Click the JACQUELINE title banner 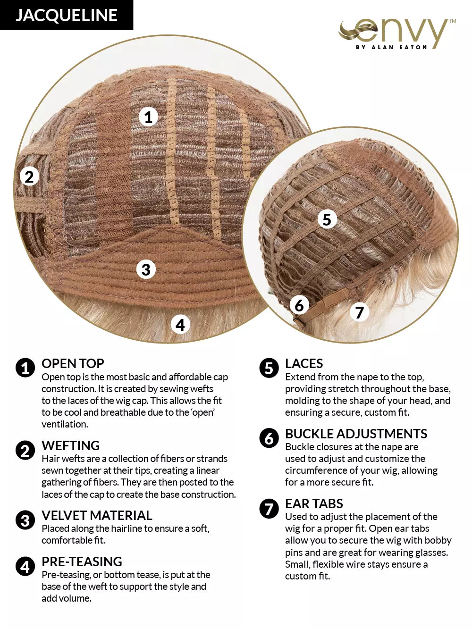tap(67, 15)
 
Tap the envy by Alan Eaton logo tap(397, 34)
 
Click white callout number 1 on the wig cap tap(148, 117)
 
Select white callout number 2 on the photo tap(29, 176)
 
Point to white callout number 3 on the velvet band tap(146, 269)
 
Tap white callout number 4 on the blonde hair tap(180, 324)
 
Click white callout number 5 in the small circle tap(327, 219)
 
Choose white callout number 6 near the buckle tap(299, 305)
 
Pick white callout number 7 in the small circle tap(359, 312)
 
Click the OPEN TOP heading tap(73, 364)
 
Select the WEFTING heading tap(70, 445)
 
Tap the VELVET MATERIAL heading tap(97, 516)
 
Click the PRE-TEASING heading tap(82, 562)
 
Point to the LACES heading tap(304, 364)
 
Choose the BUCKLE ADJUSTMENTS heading tap(356, 434)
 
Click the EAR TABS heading tap(314, 503)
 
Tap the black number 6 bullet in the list tap(269, 438)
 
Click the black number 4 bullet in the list tap(25, 566)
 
